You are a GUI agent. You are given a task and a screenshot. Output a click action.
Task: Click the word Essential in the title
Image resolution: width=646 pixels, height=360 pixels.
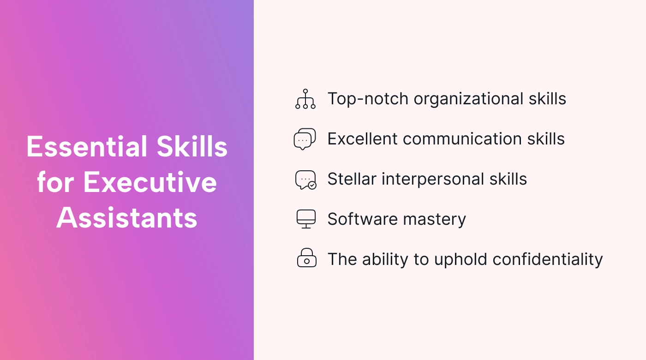[87, 147]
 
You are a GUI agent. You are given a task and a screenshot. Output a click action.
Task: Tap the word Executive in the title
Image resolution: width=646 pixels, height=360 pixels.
[150, 182]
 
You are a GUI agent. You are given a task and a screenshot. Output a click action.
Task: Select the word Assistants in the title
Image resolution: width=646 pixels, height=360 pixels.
[127, 218]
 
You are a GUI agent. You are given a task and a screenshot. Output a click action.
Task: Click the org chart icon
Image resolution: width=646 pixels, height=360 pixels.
[305, 99]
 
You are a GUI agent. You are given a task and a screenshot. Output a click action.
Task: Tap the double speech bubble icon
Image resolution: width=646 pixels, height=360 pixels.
[305, 139]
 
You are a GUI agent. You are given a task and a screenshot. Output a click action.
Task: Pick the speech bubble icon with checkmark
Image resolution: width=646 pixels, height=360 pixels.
[305, 180]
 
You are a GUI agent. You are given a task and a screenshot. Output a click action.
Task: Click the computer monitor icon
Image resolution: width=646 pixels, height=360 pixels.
[306, 219]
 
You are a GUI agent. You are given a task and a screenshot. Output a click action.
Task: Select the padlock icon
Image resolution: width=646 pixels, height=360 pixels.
[306, 258]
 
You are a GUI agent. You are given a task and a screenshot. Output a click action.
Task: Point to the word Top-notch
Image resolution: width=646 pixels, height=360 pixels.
[368, 99]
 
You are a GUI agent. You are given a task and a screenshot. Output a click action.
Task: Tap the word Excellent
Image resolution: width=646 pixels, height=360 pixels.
[363, 139]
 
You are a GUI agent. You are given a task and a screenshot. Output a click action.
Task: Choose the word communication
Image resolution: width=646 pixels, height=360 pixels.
[462, 139]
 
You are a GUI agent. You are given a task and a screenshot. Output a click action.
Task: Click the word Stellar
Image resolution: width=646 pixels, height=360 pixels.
[352, 179]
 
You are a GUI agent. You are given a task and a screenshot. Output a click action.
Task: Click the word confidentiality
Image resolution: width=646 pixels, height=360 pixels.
[548, 259]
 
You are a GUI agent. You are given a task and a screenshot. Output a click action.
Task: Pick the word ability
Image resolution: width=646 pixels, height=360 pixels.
[385, 259]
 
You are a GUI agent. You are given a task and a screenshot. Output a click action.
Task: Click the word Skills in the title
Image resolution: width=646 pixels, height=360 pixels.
[192, 147]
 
